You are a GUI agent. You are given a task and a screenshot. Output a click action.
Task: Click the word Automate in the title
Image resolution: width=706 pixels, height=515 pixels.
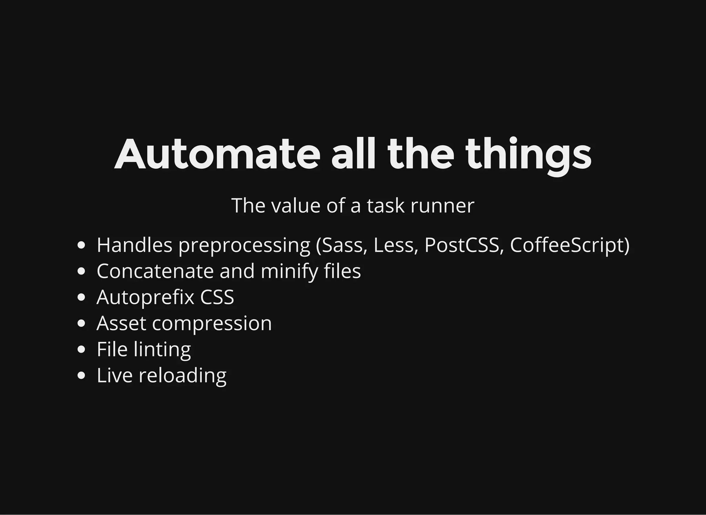point(217,154)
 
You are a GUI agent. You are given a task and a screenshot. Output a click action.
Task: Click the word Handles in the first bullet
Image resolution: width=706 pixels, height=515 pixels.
point(134,245)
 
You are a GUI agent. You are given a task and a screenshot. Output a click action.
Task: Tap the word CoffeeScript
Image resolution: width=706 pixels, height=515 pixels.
point(567,245)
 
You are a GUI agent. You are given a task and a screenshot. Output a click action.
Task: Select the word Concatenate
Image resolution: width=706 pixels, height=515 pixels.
point(155,271)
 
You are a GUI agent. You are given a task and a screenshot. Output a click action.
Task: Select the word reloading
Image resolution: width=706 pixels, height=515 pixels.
point(182,375)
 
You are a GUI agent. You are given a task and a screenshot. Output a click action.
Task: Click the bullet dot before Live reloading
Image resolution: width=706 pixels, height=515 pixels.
point(81,375)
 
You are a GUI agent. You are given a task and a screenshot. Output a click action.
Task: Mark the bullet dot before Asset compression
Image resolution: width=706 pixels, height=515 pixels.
point(81,323)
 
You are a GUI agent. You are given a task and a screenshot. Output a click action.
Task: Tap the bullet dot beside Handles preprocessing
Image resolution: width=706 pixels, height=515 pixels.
point(81,245)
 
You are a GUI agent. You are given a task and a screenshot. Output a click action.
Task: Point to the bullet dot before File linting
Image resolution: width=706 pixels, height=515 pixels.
point(81,349)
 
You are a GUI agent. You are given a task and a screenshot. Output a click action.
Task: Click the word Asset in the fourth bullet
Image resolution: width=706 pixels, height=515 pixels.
point(121,323)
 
